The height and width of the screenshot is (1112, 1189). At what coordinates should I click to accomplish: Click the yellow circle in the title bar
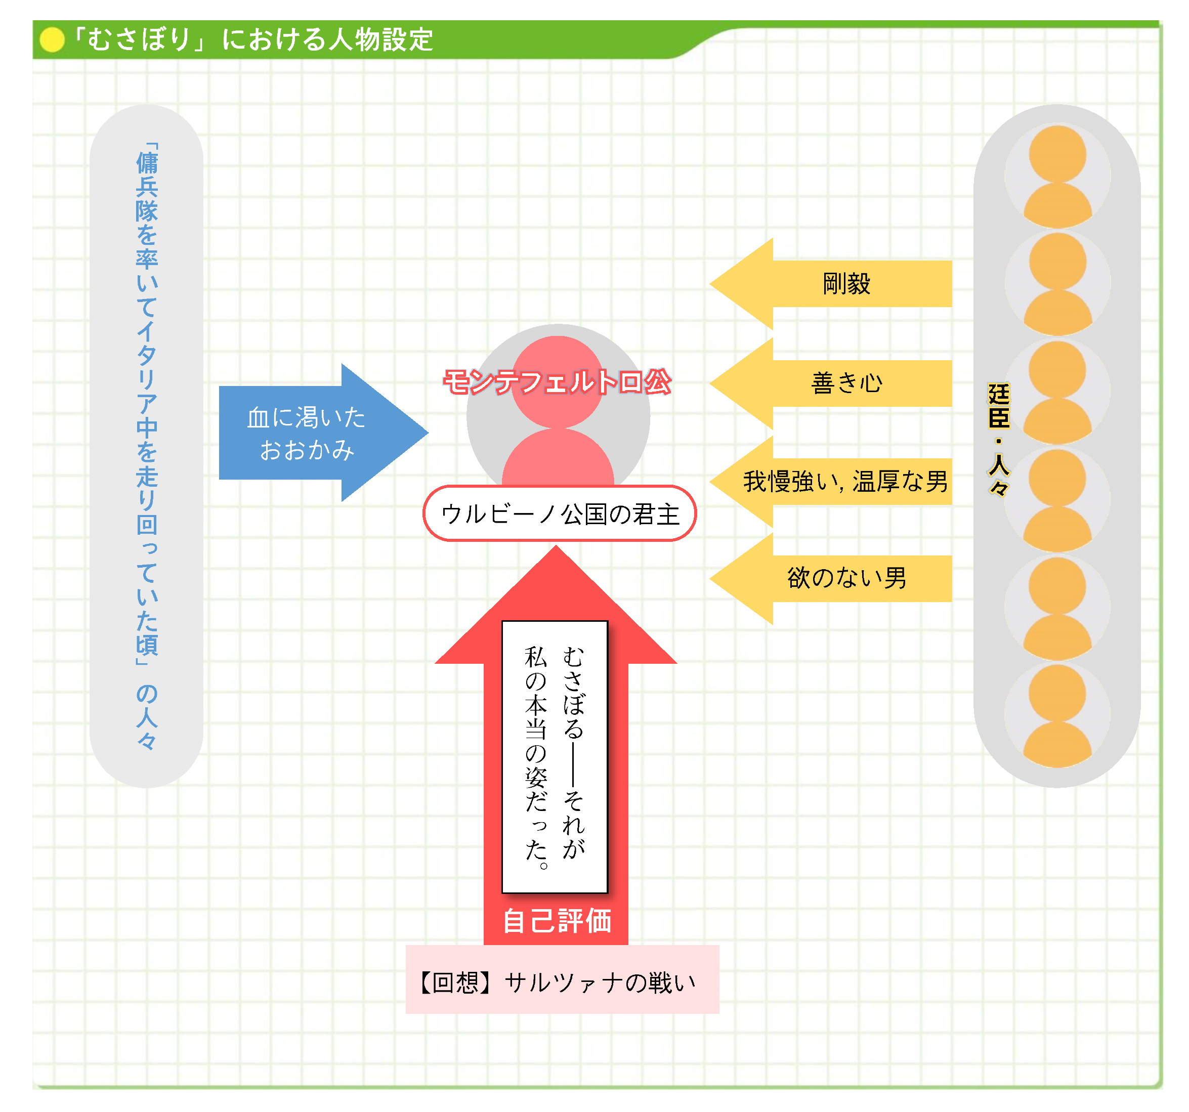tap(52, 40)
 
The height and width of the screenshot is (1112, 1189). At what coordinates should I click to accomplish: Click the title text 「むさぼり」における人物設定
tap(252, 39)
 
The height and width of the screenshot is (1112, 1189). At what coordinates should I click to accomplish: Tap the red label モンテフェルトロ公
tap(557, 381)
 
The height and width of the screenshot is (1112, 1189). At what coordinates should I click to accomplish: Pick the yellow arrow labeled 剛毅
tap(837, 283)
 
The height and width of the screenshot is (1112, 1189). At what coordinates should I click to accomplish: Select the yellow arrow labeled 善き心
tap(837, 383)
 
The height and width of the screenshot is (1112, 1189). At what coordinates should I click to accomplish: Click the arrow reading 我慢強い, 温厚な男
tap(837, 482)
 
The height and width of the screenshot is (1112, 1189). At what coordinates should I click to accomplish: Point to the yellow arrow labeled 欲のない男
tap(837, 578)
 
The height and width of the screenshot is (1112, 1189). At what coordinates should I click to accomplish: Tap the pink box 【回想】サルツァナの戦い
tap(562, 981)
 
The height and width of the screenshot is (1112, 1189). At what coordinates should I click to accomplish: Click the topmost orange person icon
tap(1057, 177)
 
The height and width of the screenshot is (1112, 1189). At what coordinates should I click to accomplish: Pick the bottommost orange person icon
tap(1057, 715)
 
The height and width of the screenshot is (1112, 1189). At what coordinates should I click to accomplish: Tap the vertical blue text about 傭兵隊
tap(147, 446)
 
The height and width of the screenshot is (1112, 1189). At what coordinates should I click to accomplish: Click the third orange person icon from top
tap(1057, 392)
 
